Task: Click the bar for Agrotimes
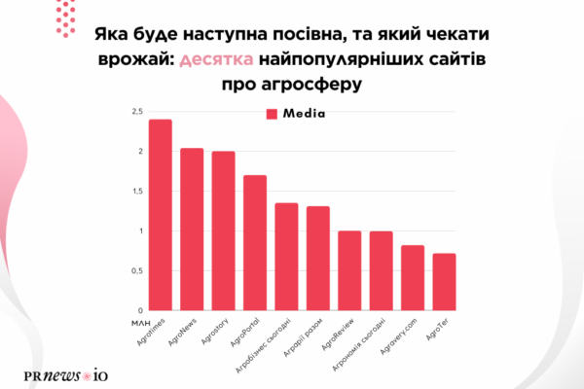point(160,215)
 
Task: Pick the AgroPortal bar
point(255,243)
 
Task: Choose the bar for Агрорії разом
point(318,259)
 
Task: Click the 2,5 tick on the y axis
point(135,112)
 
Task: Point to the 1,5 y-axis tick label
point(135,192)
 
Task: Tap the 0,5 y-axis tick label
point(135,271)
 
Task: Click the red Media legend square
point(273,114)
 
